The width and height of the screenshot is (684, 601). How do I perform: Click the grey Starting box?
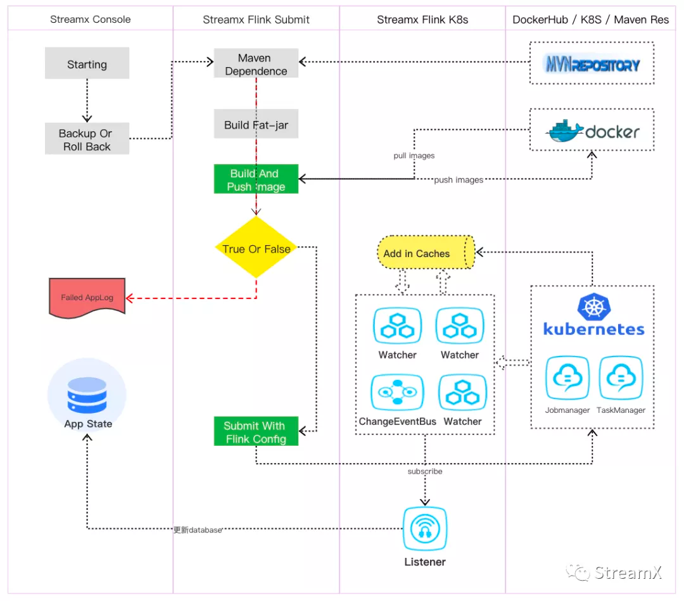point(87,65)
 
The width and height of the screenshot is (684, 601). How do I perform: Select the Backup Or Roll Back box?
point(87,139)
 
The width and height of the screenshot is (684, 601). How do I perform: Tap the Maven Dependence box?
point(256,65)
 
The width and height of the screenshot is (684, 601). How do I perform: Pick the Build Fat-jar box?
point(256,125)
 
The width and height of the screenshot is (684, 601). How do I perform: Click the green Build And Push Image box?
point(256,180)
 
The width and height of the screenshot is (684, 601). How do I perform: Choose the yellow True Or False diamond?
point(256,248)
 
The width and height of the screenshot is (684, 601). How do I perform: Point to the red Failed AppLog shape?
point(87,297)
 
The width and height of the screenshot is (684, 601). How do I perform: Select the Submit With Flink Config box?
point(256,432)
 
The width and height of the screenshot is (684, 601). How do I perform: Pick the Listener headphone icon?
point(425,528)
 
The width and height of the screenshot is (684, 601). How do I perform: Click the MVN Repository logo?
point(592,64)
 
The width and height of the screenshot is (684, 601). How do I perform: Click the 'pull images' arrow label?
point(414,155)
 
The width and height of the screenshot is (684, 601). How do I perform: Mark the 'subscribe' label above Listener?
point(425,471)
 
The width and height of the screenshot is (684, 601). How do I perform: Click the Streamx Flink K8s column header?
point(422,20)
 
